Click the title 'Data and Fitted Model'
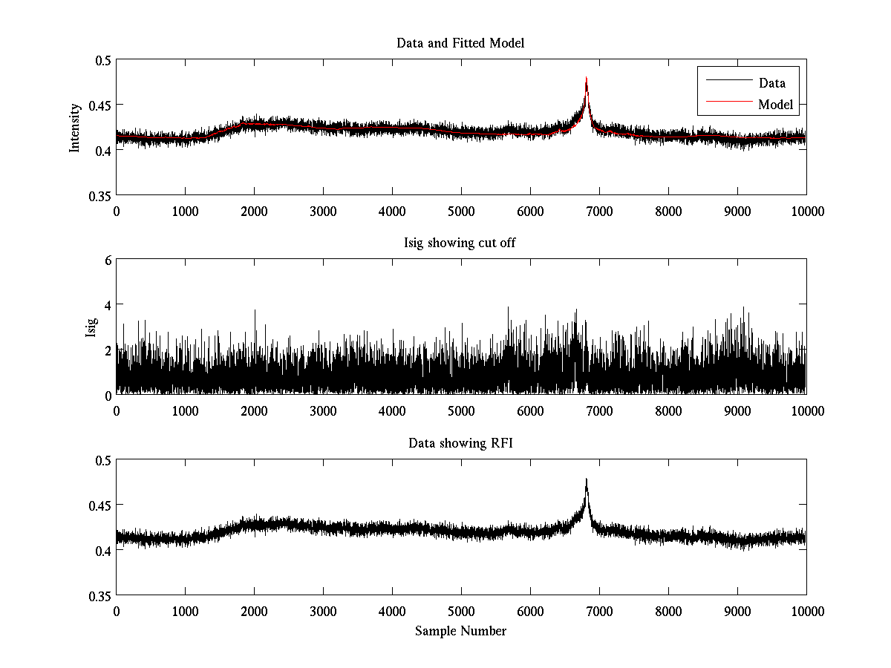[x=460, y=43]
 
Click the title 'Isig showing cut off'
[x=460, y=243]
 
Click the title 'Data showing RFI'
[x=460, y=444]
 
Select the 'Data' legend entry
[x=771, y=83]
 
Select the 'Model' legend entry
[x=775, y=105]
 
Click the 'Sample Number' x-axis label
[x=460, y=631]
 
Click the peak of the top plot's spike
[x=587, y=78]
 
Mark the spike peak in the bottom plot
[x=587, y=479]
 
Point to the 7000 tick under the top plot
[x=599, y=211]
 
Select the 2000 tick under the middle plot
[x=254, y=411]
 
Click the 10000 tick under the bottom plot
[x=806, y=612]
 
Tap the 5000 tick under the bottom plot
[x=461, y=612]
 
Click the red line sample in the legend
[x=727, y=105]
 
